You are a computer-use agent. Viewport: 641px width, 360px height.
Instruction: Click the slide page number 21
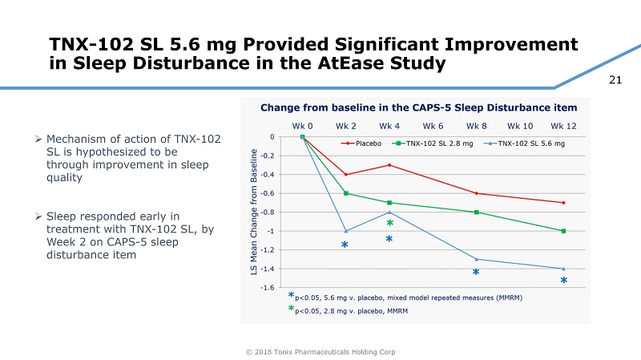point(616,78)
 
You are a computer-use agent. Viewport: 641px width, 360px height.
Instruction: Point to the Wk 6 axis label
point(433,126)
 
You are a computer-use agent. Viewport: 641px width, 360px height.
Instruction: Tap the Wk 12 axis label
point(563,126)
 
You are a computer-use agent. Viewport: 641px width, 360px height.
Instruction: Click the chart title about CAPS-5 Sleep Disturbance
point(418,107)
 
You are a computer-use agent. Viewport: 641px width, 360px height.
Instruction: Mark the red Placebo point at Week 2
point(346,175)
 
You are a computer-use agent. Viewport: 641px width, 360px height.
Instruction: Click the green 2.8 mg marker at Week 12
point(563,231)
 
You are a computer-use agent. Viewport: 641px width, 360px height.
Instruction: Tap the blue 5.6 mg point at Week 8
point(477,259)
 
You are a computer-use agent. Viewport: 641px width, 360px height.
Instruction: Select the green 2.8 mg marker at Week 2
point(346,193)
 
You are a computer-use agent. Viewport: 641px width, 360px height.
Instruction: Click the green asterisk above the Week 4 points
point(389,224)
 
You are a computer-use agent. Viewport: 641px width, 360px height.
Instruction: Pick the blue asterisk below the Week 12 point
point(563,281)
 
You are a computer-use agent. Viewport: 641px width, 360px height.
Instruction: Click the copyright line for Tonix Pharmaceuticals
point(320,352)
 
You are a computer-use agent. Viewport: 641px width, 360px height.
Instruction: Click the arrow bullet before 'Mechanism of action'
point(39,140)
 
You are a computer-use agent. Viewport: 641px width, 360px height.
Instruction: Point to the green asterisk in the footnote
point(292,309)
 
